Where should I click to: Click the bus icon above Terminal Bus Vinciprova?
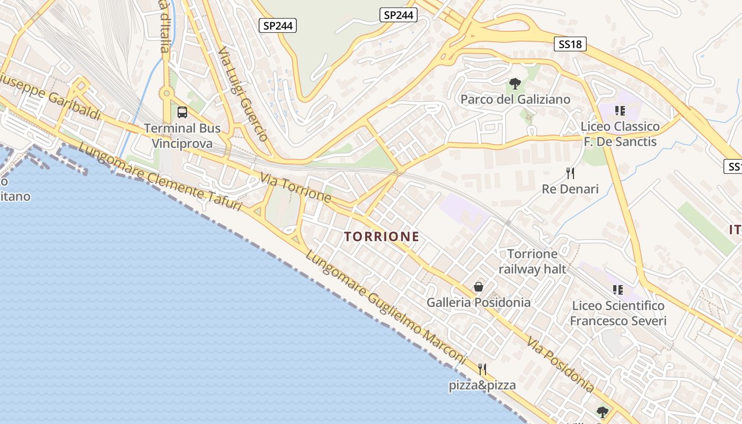(x=182, y=112)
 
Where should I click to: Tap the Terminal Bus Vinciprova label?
(x=182, y=136)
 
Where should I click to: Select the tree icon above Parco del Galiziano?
(x=514, y=84)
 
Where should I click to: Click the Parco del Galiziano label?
(x=515, y=100)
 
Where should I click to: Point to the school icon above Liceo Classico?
(x=620, y=111)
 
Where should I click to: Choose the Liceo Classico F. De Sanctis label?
(x=620, y=134)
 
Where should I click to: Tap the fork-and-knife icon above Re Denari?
(x=570, y=173)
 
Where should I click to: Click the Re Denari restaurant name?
(x=570, y=189)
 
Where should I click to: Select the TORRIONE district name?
(x=382, y=237)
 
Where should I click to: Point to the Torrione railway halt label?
(x=533, y=261)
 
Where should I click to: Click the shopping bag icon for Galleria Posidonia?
(x=479, y=287)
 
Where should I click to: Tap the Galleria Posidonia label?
(x=479, y=303)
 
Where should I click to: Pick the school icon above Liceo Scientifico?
(x=618, y=290)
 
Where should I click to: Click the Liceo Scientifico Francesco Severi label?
(x=618, y=313)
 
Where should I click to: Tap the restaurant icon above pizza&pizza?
(x=482, y=369)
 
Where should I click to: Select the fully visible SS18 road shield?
(x=570, y=45)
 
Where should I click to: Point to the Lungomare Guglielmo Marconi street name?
(x=386, y=307)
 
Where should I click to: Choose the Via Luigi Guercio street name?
(x=243, y=94)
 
